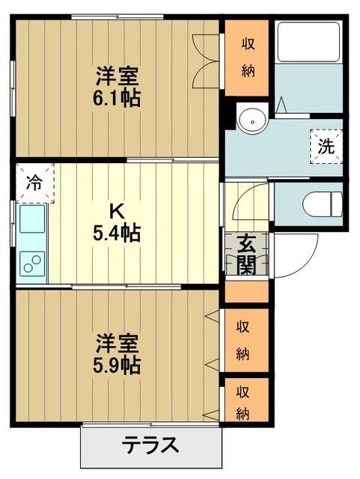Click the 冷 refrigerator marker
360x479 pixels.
(34, 181)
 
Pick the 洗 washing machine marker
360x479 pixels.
(326, 147)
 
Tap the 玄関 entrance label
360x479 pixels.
(248, 254)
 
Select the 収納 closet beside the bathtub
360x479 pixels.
(248, 58)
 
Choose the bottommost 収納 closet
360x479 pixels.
(244, 402)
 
